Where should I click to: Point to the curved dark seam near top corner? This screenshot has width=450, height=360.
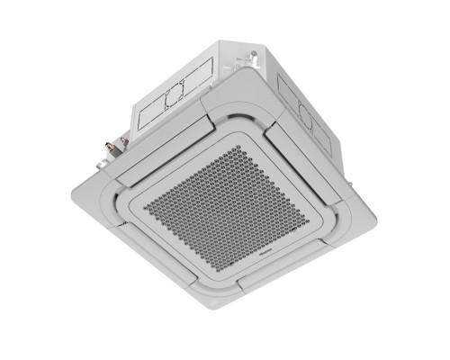(243, 114)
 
